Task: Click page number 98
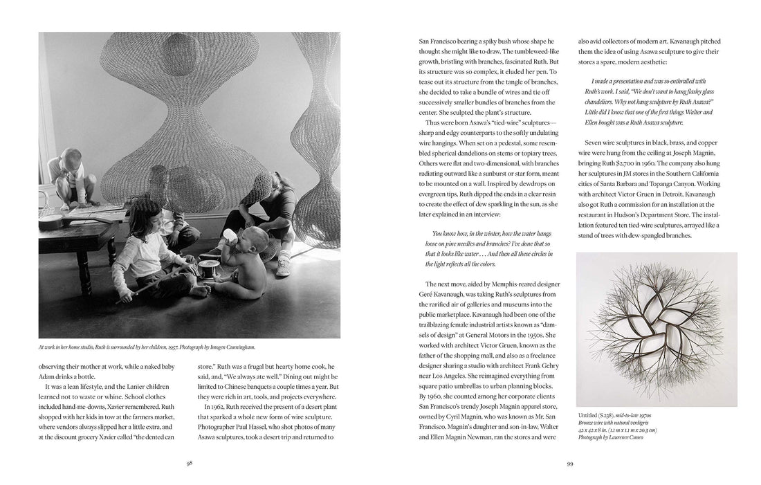click(189, 464)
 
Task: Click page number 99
click(571, 464)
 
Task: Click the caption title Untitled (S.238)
click(601, 415)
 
